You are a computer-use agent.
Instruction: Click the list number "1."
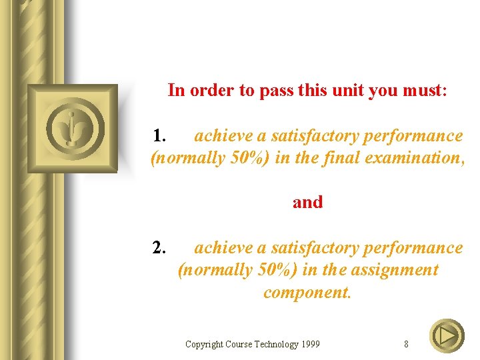click(x=159, y=136)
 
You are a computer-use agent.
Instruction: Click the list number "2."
click(x=159, y=248)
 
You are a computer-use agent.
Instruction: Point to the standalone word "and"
click(x=307, y=202)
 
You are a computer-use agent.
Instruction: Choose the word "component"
click(x=306, y=293)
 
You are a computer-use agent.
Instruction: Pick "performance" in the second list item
click(x=417, y=248)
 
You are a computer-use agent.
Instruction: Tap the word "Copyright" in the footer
click(x=204, y=345)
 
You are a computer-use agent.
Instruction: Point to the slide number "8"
click(x=406, y=345)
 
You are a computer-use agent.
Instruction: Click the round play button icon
click(x=447, y=336)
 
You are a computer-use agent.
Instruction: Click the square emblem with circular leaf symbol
click(x=72, y=129)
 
